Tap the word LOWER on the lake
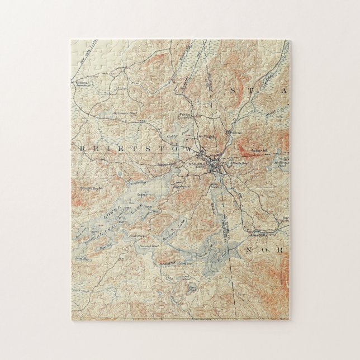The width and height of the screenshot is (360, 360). coord(111,217)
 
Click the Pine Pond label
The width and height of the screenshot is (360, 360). coord(192,289)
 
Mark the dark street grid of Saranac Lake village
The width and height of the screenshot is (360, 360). coord(215,165)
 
